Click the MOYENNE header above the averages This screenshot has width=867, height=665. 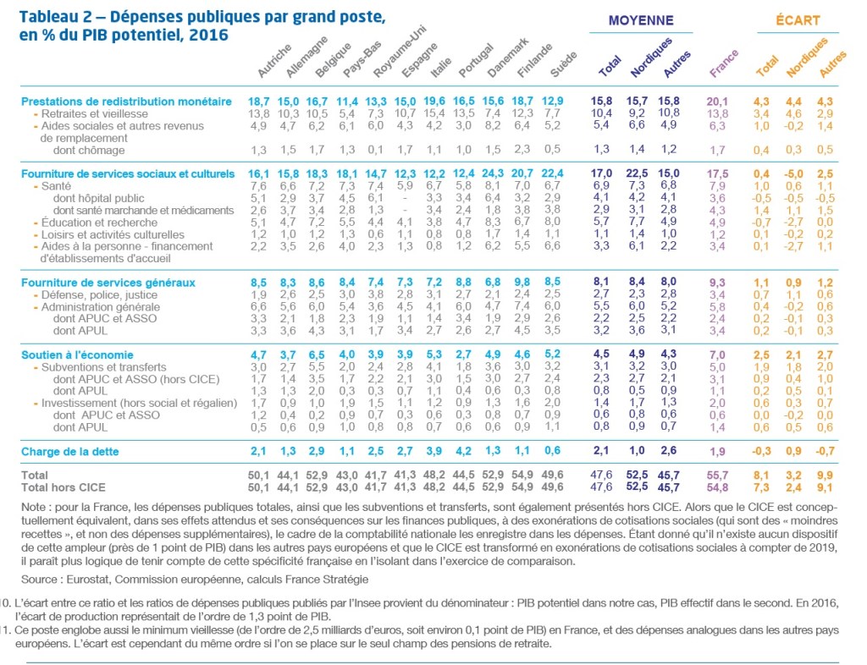click(x=642, y=20)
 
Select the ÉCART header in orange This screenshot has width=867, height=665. click(x=797, y=20)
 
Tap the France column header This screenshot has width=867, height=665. click(x=722, y=63)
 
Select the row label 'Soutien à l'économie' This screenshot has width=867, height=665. click(x=74, y=355)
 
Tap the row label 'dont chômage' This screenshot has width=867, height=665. click(x=88, y=150)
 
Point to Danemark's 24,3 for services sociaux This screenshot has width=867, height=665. click(x=493, y=174)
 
